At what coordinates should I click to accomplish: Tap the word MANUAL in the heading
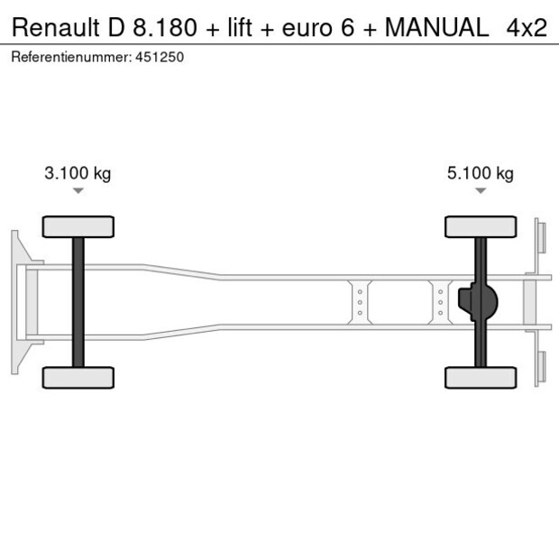[x=436, y=28]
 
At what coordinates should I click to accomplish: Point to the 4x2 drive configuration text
[x=527, y=28]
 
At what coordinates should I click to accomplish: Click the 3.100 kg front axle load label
[x=78, y=174]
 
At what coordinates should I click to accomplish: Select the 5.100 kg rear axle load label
[x=480, y=174]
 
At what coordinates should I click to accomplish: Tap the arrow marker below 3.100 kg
[x=78, y=191]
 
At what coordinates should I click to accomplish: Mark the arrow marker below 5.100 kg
[x=481, y=191]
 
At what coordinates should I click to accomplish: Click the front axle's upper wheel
[x=78, y=226]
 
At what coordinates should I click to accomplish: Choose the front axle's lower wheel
[x=78, y=377]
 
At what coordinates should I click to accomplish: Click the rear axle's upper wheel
[x=481, y=226]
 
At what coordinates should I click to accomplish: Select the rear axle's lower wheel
[x=481, y=377]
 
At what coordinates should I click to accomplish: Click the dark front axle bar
[x=78, y=302]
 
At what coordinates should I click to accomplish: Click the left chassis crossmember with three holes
[x=360, y=302]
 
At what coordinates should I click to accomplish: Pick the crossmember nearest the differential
[x=440, y=302]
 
